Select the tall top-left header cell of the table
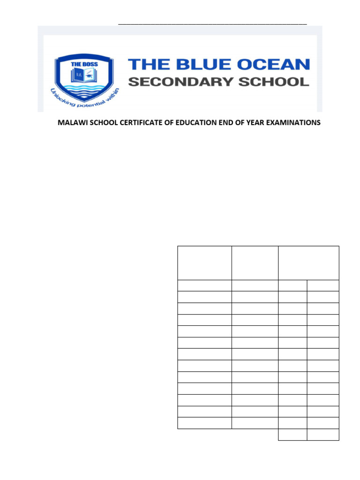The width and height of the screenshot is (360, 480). (204, 262)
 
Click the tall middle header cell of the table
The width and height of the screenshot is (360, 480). (255, 262)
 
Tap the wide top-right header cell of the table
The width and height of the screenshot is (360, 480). (308, 262)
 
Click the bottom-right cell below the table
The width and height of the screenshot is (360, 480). (323, 435)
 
